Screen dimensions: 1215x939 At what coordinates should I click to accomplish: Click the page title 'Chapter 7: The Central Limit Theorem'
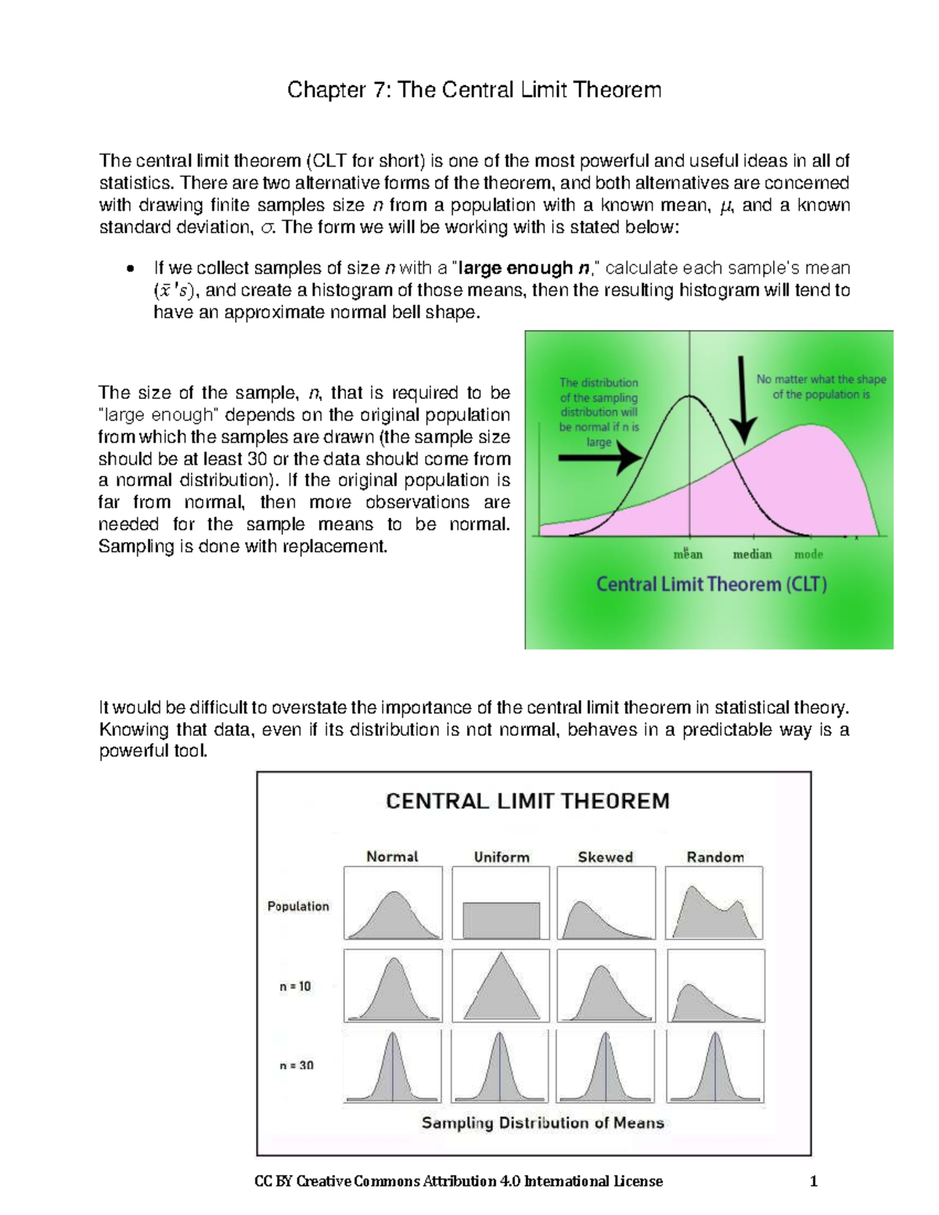point(474,90)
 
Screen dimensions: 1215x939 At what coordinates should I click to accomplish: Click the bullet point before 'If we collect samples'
point(130,269)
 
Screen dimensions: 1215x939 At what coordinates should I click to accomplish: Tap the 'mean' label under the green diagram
point(688,554)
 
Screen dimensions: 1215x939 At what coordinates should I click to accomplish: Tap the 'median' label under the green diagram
point(752,554)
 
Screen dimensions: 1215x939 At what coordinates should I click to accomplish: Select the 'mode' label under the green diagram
point(808,554)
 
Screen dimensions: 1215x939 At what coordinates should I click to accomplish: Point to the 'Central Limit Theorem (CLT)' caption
point(711,584)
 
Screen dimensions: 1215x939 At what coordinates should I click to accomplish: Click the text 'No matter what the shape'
point(821,379)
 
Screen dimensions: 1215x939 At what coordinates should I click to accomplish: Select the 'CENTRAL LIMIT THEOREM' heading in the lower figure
point(527,801)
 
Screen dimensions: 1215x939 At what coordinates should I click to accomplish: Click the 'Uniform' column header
point(502,857)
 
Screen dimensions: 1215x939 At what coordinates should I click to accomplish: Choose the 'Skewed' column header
point(605,857)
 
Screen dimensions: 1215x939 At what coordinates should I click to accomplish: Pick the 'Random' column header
point(715,857)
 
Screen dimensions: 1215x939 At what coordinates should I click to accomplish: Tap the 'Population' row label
point(298,906)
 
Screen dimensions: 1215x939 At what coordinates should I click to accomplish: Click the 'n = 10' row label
point(295,987)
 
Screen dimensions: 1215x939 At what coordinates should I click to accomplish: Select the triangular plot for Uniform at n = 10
point(502,987)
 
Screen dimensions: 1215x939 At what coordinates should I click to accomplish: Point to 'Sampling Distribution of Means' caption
point(543,1123)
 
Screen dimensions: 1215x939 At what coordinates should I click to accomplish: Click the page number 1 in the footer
point(814,1181)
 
